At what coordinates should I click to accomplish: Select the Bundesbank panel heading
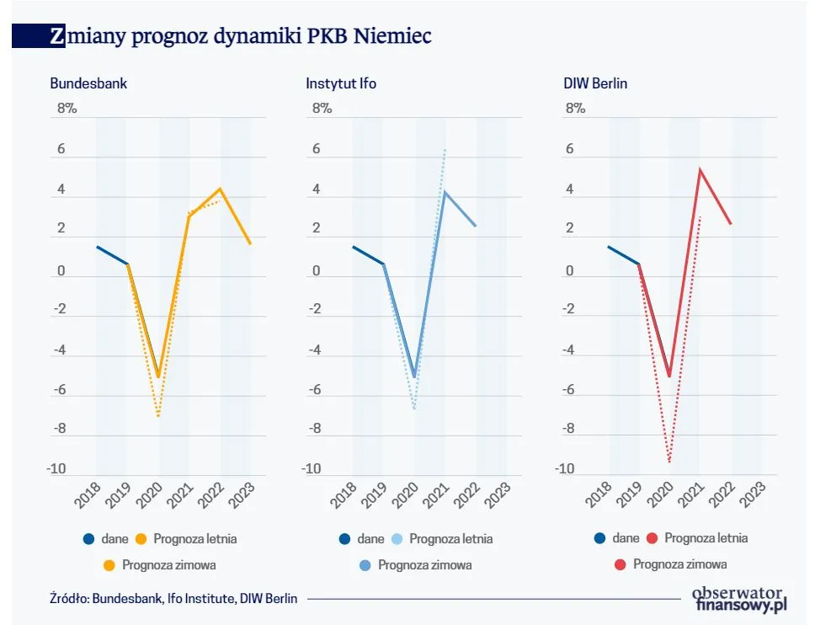[88, 84]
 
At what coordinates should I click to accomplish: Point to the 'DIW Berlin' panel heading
[595, 84]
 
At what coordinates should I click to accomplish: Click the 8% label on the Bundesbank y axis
[67, 109]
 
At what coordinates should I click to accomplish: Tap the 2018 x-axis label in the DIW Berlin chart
[597, 496]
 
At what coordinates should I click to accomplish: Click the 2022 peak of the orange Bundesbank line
[220, 189]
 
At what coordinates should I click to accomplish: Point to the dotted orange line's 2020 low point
[158, 416]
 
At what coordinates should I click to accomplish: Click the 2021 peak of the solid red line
[700, 169]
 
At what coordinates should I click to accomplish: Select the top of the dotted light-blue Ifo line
[445, 149]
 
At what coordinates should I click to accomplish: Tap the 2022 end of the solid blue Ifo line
[476, 226]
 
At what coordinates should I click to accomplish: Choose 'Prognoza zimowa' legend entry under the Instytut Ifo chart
[424, 564]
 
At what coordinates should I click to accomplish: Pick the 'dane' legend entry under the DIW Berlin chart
[625, 538]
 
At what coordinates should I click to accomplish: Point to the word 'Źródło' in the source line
[67, 599]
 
